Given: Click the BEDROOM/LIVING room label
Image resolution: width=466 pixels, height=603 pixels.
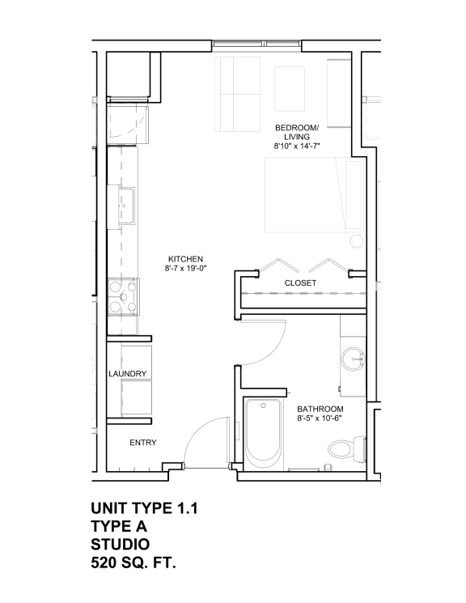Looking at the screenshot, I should [297, 132].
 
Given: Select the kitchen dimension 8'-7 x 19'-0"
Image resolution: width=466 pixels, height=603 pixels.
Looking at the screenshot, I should [185, 269].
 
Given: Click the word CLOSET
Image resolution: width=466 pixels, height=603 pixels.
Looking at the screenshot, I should [300, 283].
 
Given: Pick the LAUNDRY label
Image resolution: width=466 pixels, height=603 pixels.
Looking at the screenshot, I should [128, 374].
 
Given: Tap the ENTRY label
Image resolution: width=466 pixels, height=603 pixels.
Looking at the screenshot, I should [143, 443].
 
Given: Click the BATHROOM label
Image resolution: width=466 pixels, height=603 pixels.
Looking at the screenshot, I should [320, 409].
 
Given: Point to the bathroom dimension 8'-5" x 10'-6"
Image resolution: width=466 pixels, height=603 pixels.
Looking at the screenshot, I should [320, 418].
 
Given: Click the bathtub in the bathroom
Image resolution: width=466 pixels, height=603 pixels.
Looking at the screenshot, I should [265, 435].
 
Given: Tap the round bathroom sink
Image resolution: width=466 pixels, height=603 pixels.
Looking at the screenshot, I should [352, 359].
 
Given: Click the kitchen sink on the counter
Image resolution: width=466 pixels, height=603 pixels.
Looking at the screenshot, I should [127, 207].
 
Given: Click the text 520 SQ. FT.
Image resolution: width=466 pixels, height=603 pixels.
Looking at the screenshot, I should [133, 561].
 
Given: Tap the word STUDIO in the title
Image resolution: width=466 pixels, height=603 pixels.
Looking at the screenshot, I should [120, 543].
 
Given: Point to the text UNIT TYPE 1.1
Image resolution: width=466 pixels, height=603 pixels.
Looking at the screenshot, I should [144, 508].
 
